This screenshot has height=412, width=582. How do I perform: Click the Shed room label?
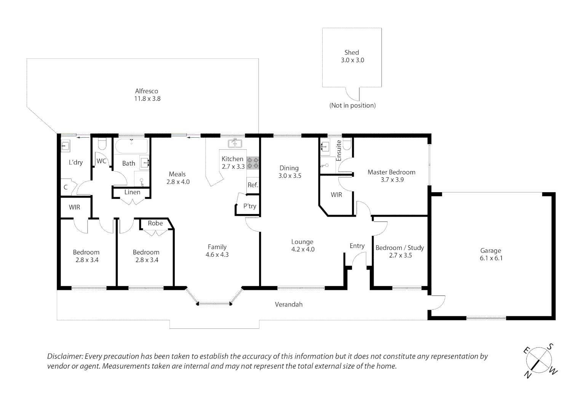(x=352, y=52)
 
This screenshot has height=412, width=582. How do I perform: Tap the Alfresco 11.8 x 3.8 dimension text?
(x=147, y=99)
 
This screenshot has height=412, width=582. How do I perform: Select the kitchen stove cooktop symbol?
(x=253, y=163)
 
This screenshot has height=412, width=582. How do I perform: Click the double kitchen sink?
(x=235, y=143)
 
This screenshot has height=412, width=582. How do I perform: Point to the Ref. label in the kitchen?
(x=253, y=185)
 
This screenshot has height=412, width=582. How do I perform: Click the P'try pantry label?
(x=250, y=206)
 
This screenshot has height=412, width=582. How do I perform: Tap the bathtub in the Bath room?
(x=131, y=146)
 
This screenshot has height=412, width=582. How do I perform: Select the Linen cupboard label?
(x=132, y=192)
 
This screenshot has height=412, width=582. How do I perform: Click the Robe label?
(x=155, y=223)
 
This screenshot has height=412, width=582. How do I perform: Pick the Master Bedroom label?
(x=391, y=172)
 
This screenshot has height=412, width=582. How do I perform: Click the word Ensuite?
(x=339, y=151)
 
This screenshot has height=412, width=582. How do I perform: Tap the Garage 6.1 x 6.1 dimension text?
(x=491, y=258)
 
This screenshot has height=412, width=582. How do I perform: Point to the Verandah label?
(x=289, y=304)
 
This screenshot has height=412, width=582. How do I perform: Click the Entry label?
(x=357, y=246)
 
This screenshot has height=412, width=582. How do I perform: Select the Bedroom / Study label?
(x=400, y=248)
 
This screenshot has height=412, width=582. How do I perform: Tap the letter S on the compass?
(x=550, y=346)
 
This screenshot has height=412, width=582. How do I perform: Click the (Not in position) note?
(x=353, y=105)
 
